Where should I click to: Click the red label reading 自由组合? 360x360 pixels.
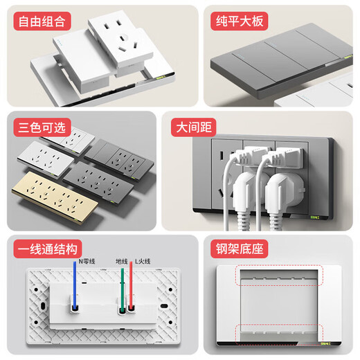[x=42, y=21]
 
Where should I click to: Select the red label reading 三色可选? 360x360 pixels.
[x=42, y=128]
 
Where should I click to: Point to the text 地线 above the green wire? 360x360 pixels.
[x=122, y=261]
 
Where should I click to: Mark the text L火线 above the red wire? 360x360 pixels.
[x=142, y=261]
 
